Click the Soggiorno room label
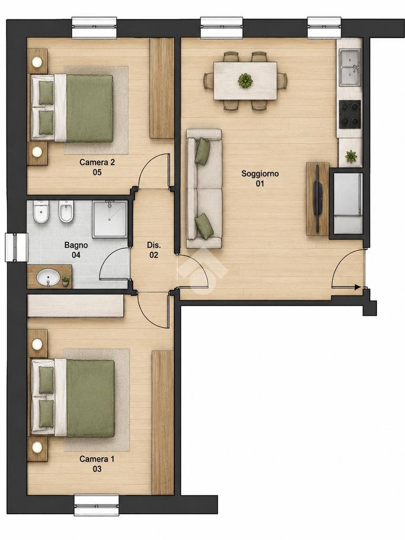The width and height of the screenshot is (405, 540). point(260,178)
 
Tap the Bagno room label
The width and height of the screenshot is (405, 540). point(76,250)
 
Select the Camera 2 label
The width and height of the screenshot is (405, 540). point(97,167)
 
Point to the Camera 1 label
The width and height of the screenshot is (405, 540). point(97,464)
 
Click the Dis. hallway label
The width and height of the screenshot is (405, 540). point(154,250)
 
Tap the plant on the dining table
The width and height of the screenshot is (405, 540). point(245,80)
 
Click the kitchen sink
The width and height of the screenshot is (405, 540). point(350,67)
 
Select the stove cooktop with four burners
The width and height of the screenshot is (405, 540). point(350,113)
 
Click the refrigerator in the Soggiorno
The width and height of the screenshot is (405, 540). point(348,202)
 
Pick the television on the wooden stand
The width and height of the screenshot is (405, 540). point(318,199)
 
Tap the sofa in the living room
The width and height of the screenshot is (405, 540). point(204,189)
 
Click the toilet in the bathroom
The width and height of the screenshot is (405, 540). point(41,213)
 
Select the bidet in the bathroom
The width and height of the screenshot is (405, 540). point(65,211)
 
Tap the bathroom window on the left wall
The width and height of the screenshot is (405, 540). point(16,247)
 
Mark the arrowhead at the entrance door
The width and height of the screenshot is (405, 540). point(358,287)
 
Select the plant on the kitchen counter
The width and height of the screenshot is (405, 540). point(351,157)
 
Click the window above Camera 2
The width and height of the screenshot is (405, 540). point(95,27)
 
